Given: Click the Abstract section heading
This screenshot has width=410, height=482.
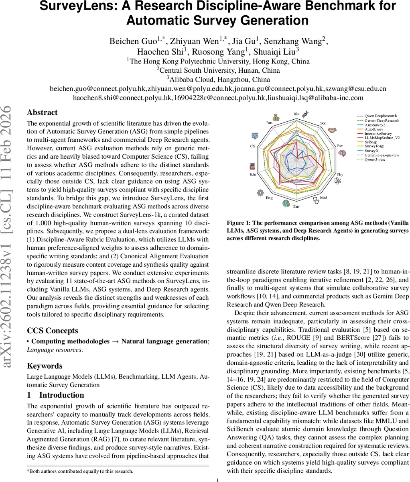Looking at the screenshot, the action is point(42,112).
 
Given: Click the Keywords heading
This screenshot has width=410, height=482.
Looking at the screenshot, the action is point(45,366).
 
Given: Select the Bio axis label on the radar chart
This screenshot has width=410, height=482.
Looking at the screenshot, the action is point(296,114).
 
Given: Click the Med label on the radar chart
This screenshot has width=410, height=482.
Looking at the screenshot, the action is point(323,198).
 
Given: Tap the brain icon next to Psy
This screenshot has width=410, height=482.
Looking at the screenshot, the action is point(342,153).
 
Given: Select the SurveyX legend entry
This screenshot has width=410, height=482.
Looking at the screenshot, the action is point(373,151).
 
